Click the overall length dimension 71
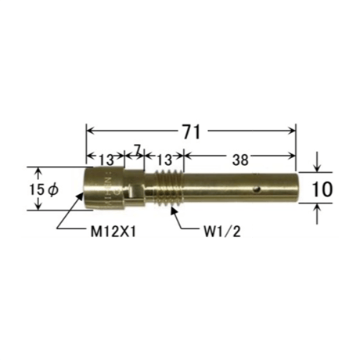[x=192, y=131]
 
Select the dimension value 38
[x=240, y=160]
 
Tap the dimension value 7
[x=138, y=150]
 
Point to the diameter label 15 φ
[x=44, y=189]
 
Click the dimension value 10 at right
[x=322, y=189]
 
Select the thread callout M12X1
[x=113, y=232]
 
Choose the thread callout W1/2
[x=222, y=232]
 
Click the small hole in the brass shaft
[x=257, y=189]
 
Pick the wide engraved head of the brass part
[x=105, y=188]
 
